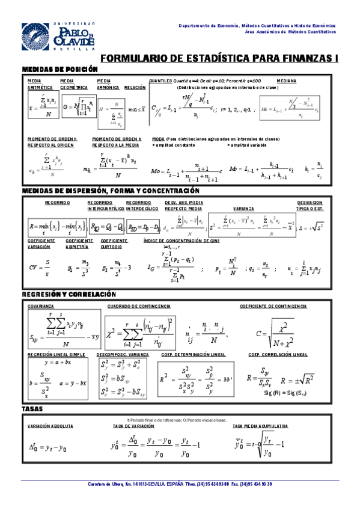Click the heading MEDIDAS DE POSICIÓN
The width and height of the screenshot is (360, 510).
59,70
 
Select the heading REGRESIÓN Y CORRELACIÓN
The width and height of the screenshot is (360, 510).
68,295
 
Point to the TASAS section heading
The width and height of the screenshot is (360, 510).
32,408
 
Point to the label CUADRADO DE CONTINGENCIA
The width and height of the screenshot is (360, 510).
139,306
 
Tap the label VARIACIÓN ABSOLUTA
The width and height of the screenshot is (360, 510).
50,426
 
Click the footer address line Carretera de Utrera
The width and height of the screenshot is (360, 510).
180,484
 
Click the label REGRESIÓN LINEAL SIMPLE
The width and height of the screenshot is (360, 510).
56,355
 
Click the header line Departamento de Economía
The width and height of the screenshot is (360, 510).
257,26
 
